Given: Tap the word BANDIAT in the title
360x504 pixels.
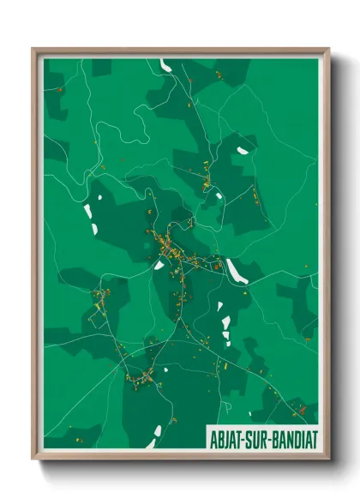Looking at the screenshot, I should point(289,437).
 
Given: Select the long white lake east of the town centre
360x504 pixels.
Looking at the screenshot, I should point(233,271).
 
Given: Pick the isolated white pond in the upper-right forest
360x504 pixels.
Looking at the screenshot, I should point(243,151).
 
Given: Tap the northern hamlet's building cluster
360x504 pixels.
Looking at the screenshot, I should point(207,176).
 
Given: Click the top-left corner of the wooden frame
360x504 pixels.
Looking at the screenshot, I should point(33,49).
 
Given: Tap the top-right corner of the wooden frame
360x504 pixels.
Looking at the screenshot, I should point(328,49).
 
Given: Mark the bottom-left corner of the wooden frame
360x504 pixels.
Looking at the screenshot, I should point(33,459).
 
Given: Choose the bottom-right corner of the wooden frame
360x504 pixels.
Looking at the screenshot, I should point(328,459).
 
